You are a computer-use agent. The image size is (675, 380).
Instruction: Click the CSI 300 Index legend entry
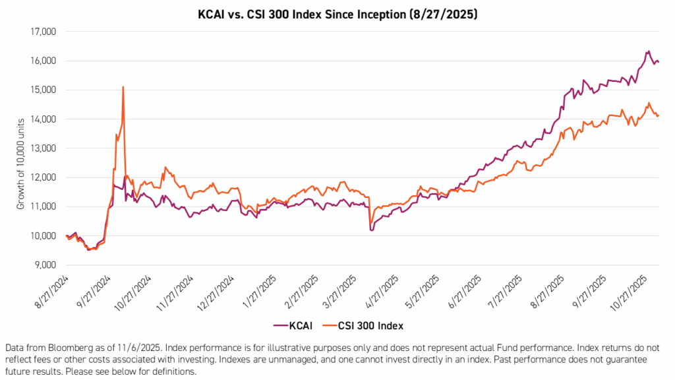[368, 325]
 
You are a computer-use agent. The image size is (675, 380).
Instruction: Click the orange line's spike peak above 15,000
[123, 87]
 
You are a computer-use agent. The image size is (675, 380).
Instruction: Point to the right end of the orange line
[659, 115]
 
